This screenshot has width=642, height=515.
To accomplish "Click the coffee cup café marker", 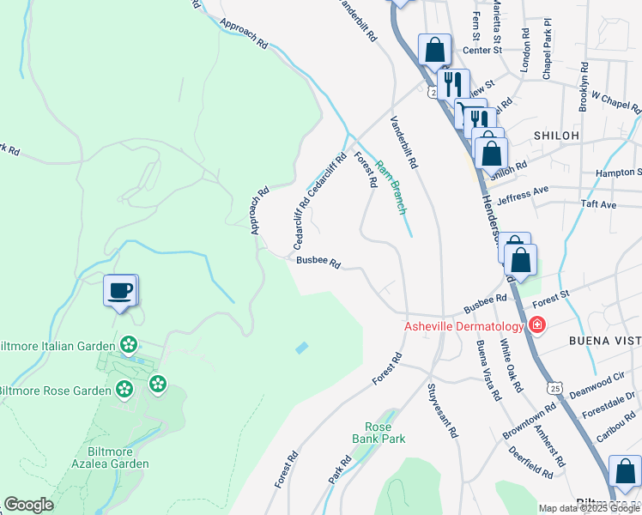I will point(120,289).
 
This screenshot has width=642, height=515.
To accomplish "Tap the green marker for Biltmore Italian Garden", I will point(129,345).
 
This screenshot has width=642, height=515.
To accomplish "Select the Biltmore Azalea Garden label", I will point(118,457).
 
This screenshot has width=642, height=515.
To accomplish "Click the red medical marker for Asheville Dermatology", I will point(537,325).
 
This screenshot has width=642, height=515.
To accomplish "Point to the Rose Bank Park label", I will point(378,433).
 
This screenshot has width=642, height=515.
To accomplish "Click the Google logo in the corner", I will point(28,505).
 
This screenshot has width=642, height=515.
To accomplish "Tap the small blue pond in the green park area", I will point(301,348).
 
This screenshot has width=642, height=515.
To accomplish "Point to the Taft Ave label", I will point(598,205).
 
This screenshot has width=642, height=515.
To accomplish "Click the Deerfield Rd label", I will point(530,462).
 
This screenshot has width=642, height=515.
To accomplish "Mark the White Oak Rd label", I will point(512,367).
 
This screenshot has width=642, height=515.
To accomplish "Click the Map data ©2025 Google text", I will point(590,508).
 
